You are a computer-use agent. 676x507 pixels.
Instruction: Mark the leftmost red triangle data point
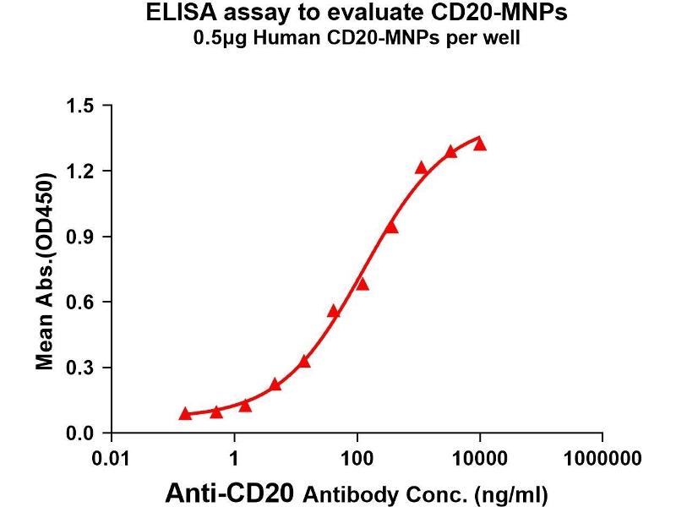point(185,413)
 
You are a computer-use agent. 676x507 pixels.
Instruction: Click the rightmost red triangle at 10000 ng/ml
point(480,144)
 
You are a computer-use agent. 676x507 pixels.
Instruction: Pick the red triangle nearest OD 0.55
point(334,311)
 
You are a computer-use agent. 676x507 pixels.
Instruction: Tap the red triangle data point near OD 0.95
point(391,226)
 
